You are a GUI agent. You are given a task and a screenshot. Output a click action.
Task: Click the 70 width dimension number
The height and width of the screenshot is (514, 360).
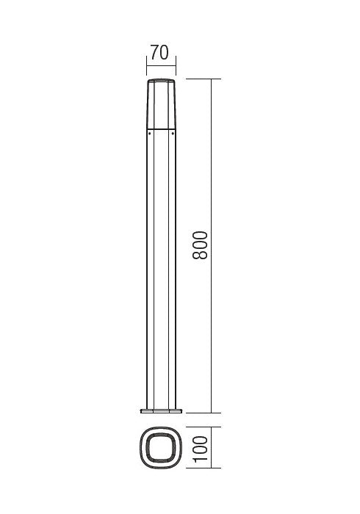(159, 53)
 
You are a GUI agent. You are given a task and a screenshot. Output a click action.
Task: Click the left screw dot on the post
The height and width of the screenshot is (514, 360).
(149, 134)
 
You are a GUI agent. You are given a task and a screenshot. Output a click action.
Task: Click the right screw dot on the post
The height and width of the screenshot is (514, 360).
(171, 134)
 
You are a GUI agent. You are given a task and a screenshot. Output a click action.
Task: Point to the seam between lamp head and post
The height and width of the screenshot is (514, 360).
(160, 128)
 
